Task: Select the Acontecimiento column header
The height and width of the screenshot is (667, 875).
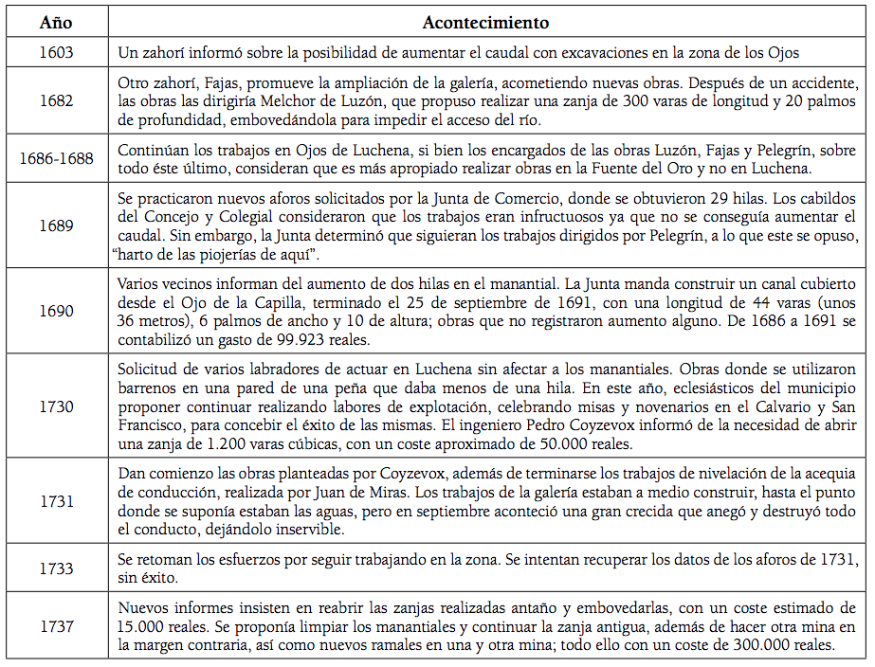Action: tap(485, 22)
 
